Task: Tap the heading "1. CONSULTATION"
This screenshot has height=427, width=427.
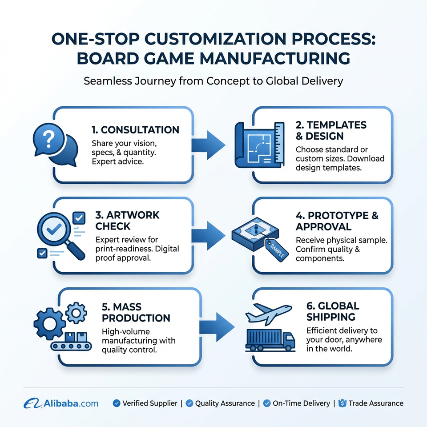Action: (135, 129)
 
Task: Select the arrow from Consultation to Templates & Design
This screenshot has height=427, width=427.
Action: (208, 145)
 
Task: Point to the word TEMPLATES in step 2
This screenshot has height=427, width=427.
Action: (337, 125)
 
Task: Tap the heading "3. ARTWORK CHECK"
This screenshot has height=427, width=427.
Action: (127, 221)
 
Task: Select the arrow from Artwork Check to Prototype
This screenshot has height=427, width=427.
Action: (208, 236)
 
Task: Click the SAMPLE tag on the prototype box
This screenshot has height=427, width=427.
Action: (276, 250)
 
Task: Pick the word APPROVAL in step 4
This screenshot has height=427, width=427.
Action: (323, 226)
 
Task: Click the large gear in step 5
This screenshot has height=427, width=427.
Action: (49, 324)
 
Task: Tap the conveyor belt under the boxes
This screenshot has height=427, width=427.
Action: (71, 346)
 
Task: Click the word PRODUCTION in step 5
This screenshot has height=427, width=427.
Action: (136, 318)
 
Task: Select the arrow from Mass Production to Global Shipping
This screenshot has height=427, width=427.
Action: (217, 327)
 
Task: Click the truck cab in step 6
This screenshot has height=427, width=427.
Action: (289, 341)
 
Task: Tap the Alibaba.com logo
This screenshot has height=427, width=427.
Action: (61, 403)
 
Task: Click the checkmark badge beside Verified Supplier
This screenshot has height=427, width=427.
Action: (117, 403)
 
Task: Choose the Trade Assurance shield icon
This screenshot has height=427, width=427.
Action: (342, 403)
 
